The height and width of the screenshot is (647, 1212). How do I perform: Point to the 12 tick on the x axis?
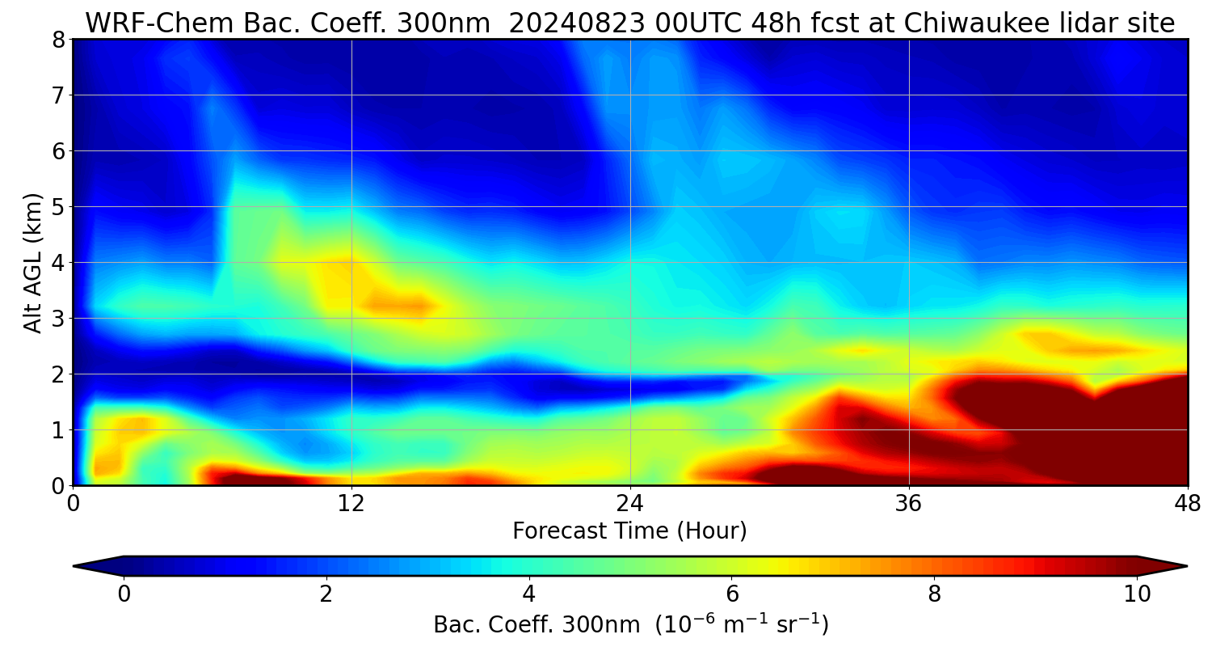351,502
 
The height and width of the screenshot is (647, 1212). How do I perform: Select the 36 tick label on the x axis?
909,502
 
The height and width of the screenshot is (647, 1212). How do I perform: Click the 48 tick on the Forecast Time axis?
1187,502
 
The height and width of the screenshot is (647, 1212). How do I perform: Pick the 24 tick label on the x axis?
630,502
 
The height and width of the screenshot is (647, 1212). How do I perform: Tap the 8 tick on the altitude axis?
58,40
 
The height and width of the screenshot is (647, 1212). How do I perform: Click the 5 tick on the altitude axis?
58,207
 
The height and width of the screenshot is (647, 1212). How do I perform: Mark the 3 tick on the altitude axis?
58,319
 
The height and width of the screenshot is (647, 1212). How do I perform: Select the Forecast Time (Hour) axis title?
629,531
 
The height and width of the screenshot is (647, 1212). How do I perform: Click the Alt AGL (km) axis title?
33,262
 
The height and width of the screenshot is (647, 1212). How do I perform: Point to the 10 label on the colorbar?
1137,594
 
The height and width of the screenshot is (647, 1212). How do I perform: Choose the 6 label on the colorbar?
731,594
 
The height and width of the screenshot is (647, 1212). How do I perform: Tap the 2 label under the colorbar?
326,594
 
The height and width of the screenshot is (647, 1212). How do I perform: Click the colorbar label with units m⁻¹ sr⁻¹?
630,624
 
